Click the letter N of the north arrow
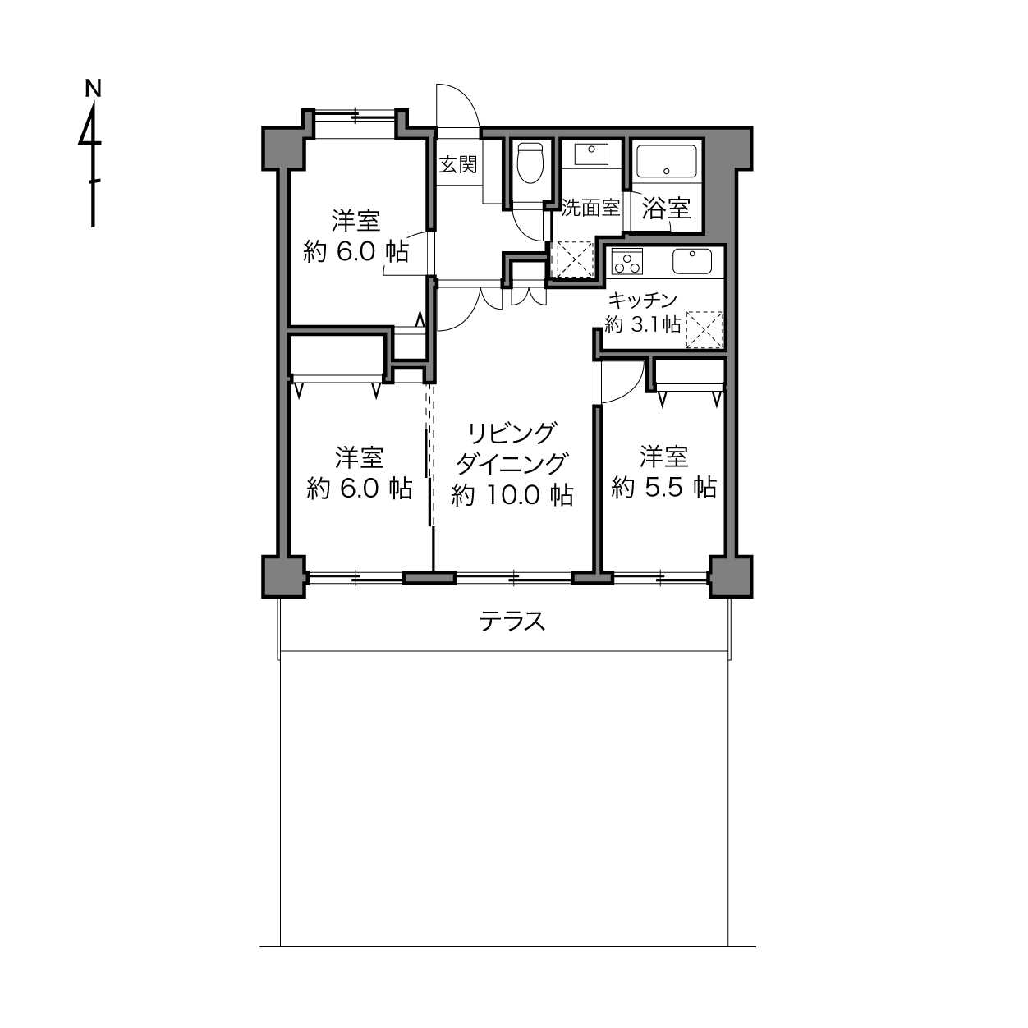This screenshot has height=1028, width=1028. (x=94, y=89)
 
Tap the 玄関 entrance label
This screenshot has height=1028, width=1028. (x=457, y=164)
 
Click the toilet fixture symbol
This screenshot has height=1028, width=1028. (x=530, y=163)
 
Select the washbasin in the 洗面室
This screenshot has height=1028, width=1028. (x=591, y=154)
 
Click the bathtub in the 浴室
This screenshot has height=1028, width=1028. (x=666, y=161)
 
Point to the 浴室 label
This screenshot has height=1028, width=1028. (x=666, y=208)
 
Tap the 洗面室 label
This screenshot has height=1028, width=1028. (x=590, y=208)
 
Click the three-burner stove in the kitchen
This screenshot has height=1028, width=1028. (x=627, y=262)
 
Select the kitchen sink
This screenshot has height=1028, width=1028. (x=692, y=261)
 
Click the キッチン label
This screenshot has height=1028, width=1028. (x=642, y=301)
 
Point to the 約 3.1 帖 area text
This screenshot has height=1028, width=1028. (x=642, y=324)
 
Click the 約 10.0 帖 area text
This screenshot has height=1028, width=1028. (x=512, y=495)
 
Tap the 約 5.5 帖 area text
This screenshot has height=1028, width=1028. (x=663, y=487)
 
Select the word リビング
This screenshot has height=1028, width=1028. (x=512, y=434)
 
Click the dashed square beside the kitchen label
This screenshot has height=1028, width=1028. (x=704, y=330)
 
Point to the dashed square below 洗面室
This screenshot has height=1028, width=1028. (x=575, y=259)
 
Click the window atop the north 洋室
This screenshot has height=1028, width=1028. (x=356, y=115)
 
